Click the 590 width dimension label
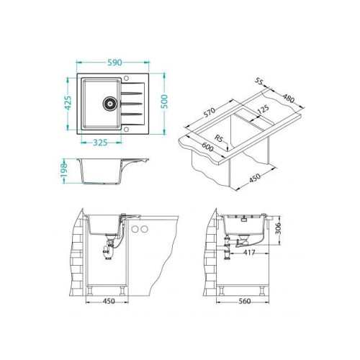(x=114, y=63)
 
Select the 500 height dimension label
(x=164, y=102)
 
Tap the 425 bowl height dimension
(x=68, y=103)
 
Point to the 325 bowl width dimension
(x=100, y=143)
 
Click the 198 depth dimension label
(x=64, y=170)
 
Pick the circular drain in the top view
(x=110, y=104)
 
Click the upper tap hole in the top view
(x=126, y=78)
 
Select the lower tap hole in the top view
(x=126, y=130)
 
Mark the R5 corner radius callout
(x=219, y=138)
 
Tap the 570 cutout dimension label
(x=209, y=112)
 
